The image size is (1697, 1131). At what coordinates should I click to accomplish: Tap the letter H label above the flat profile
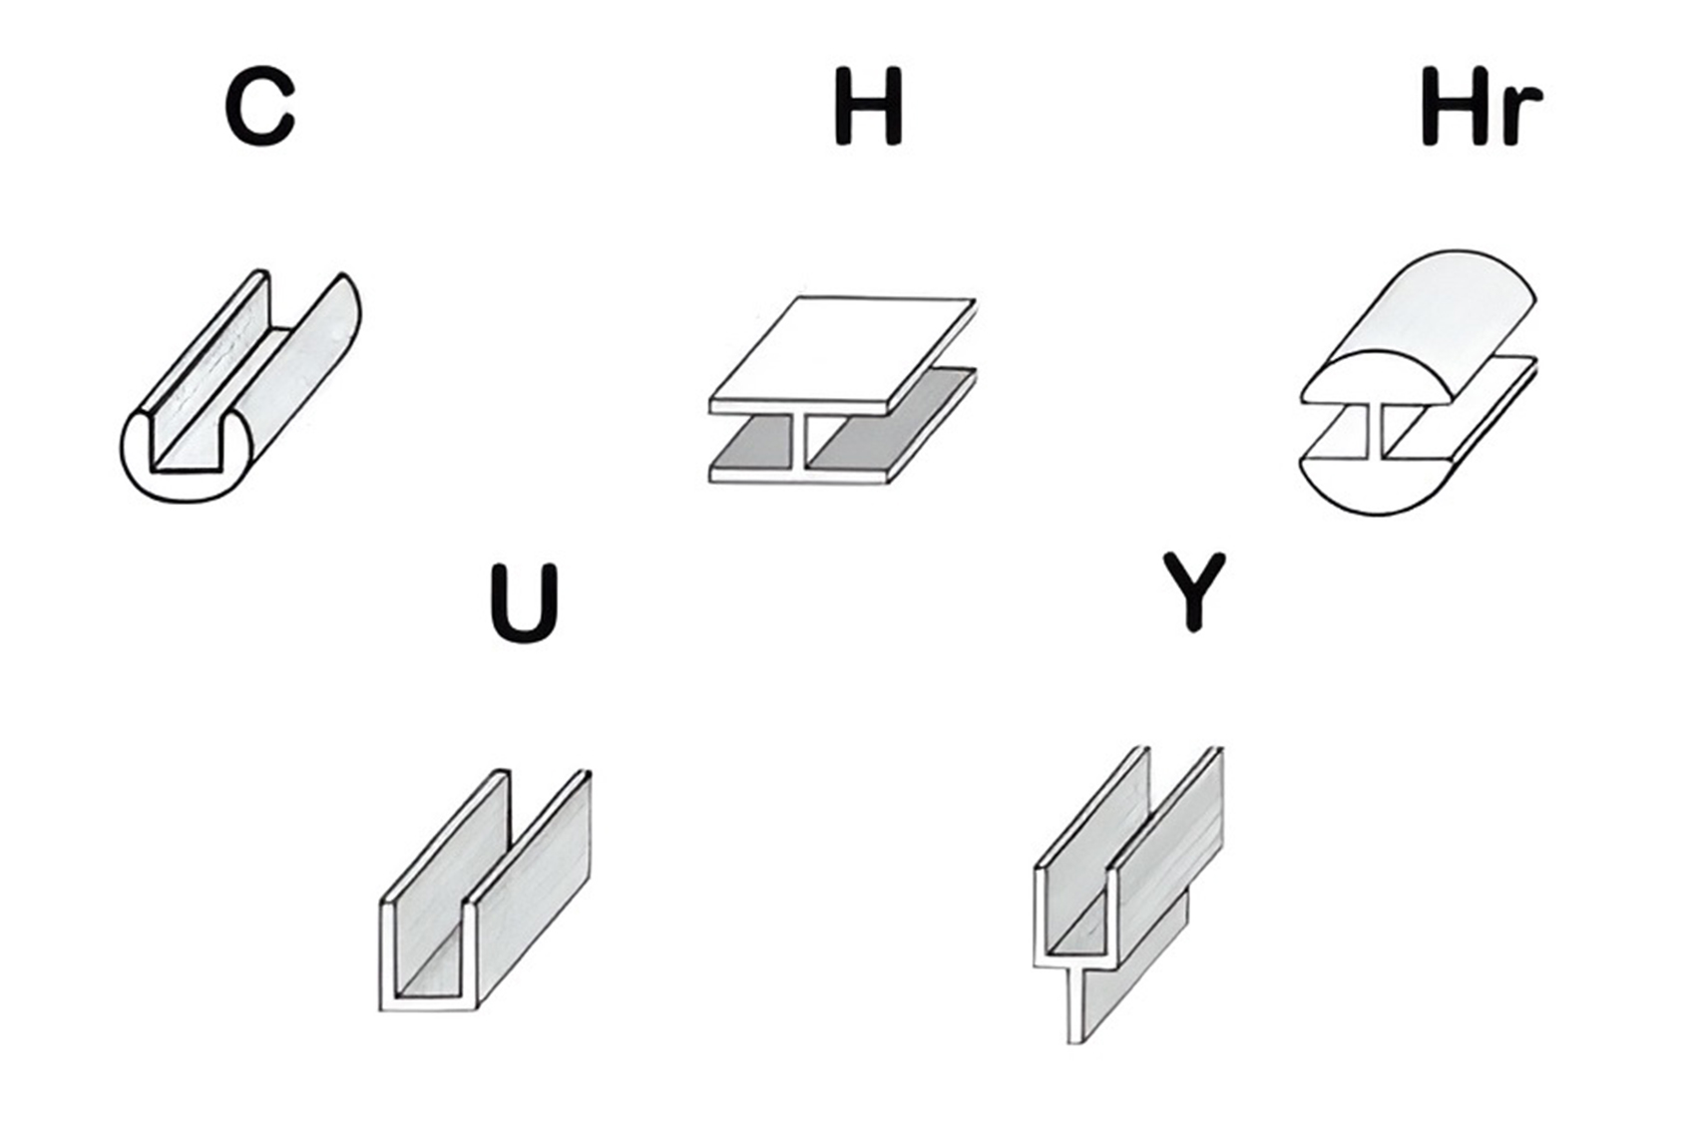coord(868,106)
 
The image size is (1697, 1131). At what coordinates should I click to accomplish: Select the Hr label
coord(1482,106)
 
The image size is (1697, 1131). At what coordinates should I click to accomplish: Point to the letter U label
coord(524,603)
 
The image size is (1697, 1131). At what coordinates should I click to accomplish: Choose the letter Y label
coord(1194,590)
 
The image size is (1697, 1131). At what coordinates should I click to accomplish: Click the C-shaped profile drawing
coord(240,386)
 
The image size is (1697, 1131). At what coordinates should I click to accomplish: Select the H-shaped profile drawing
coord(842,390)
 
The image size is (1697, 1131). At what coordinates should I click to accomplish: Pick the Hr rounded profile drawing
coord(1419,383)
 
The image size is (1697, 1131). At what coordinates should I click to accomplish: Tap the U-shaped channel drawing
coord(485,890)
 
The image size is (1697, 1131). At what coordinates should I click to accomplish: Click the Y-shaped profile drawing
coord(1128,894)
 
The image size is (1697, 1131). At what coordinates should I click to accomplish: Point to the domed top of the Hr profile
coord(1419,327)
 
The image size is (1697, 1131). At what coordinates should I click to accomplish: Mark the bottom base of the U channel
coord(428,1003)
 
